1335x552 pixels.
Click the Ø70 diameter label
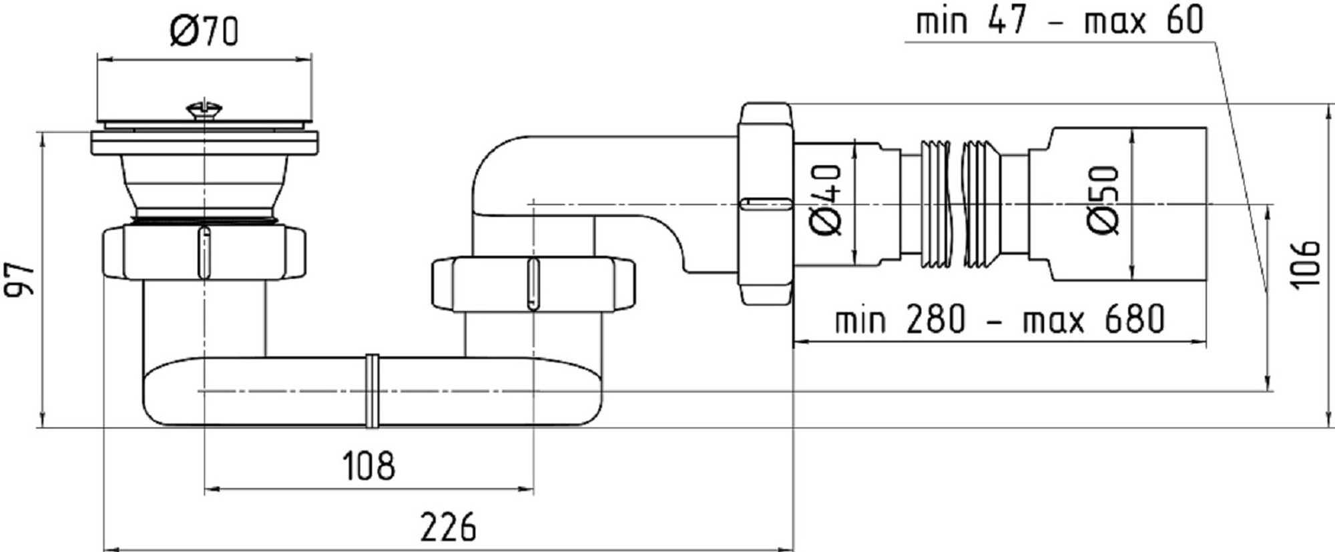[x=204, y=31]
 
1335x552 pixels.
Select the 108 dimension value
[x=368, y=465]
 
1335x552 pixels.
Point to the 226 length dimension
[x=448, y=527]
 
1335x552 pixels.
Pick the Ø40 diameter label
[x=828, y=200]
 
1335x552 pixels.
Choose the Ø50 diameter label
[x=1103, y=200]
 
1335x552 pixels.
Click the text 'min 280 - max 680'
[x=999, y=319]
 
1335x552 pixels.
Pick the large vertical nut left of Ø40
[x=766, y=204]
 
